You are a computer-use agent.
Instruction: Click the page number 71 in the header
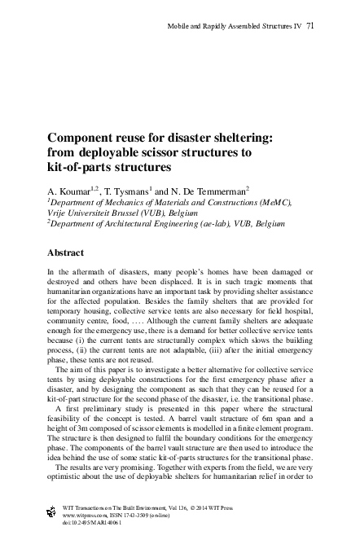pyautogui.click(x=311, y=27)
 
